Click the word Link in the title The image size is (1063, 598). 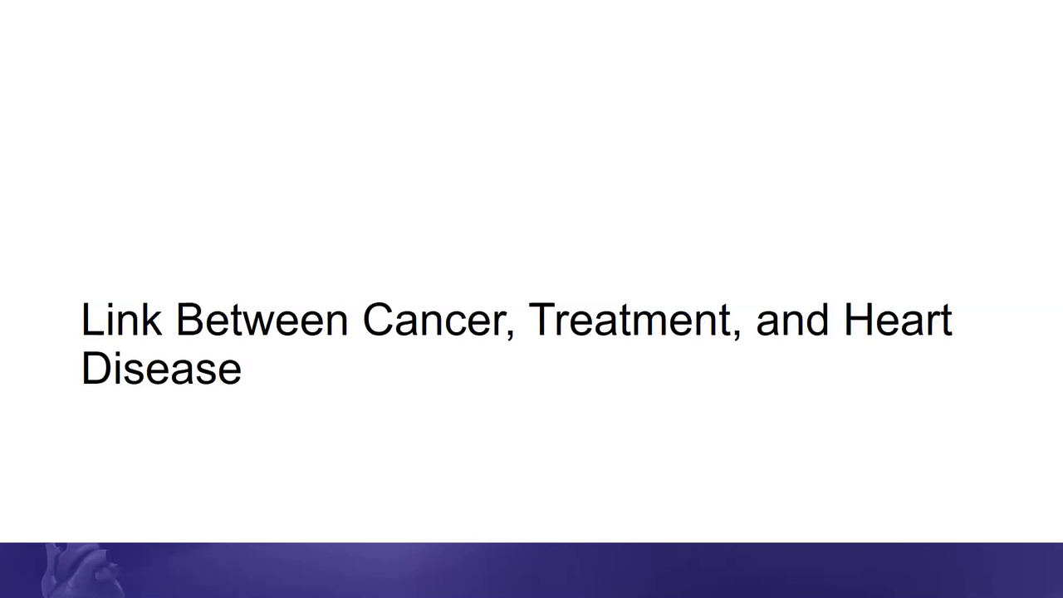[x=121, y=319]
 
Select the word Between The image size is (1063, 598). [x=262, y=320]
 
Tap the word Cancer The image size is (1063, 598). [x=434, y=320]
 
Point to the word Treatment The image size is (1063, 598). [x=629, y=320]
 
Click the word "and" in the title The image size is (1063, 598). [x=792, y=320]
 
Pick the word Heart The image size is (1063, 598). [x=899, y=320]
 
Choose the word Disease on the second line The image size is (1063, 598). [x=161, y=368]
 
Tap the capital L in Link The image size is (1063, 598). [x=92, y=320]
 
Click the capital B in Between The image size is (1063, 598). [x=190, y=320]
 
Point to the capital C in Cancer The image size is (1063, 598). [x=379, y=320]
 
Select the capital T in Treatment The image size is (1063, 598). [x=542, y=320]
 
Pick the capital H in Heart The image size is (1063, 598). [x=859, y=320]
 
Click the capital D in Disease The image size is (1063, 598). [x=97, y=368]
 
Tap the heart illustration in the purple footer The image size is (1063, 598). [x=81, y=571]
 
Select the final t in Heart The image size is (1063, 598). [x=945, y=321]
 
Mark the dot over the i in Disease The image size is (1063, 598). [x=120, y=354]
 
